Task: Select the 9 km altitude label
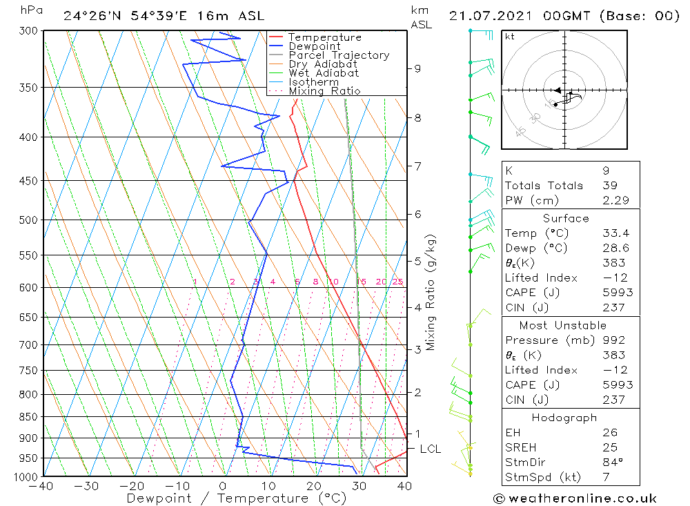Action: tap(417, 68)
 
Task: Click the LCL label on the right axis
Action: tap(430, 449)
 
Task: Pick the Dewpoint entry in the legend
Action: tap(314, 46)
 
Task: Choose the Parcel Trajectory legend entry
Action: tap(339, 55)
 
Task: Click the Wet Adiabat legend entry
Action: tap(324, 73)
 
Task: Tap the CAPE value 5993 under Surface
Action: tap(616, 293)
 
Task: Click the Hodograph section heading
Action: tap(564, 418)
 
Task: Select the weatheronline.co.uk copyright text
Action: tap(574, 498)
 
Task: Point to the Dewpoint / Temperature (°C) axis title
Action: tap(226, 498)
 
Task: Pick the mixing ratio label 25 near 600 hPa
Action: tap(397, 282)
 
